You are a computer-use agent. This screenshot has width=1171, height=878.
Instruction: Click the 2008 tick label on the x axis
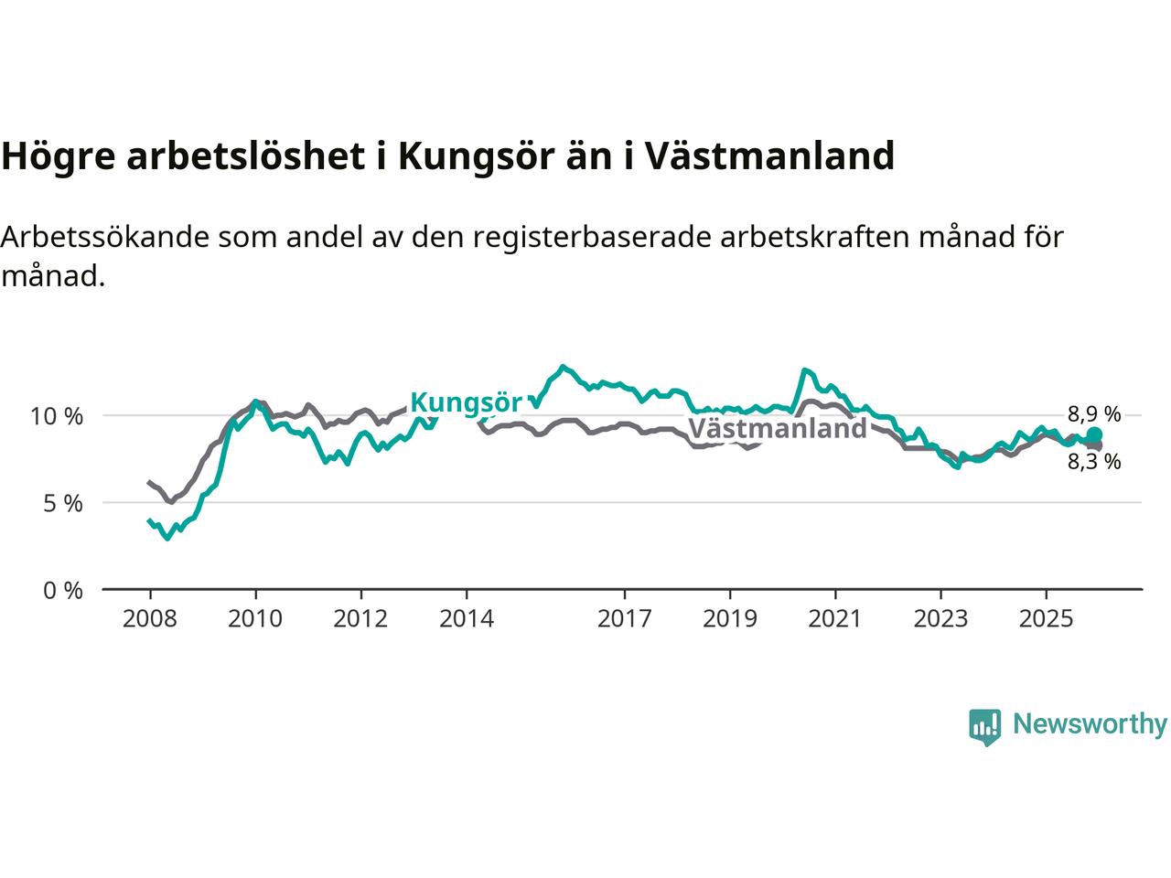click(150, 619)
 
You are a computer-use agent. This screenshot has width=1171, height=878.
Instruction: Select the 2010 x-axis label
click(255, 619)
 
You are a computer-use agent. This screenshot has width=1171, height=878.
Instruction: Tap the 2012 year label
click(360, 619)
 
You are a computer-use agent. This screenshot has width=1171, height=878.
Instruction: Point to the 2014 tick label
click(466, 619)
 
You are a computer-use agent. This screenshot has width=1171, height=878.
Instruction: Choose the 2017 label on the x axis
click(624, 619)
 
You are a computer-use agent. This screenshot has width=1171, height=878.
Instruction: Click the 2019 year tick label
click(729, 619)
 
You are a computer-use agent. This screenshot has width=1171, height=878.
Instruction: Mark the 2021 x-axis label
click(834, 619)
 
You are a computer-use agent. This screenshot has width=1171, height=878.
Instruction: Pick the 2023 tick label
click(940, 619)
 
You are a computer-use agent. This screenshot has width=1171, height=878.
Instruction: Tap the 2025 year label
click(1046, 619)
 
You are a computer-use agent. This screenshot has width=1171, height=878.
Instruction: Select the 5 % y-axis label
click(62, 504)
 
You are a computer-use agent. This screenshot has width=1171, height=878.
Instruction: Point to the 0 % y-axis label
click(62, 591)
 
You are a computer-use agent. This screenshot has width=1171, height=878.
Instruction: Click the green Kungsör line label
click(466, 402)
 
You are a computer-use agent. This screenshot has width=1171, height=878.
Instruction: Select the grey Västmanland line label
click(777, 429)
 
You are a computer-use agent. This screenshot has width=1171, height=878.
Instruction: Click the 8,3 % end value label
click(1093, 462)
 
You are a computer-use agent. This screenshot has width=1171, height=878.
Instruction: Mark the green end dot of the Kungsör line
click(1094, 435)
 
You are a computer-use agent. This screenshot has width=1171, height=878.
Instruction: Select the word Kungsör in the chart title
click(475, 156)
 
